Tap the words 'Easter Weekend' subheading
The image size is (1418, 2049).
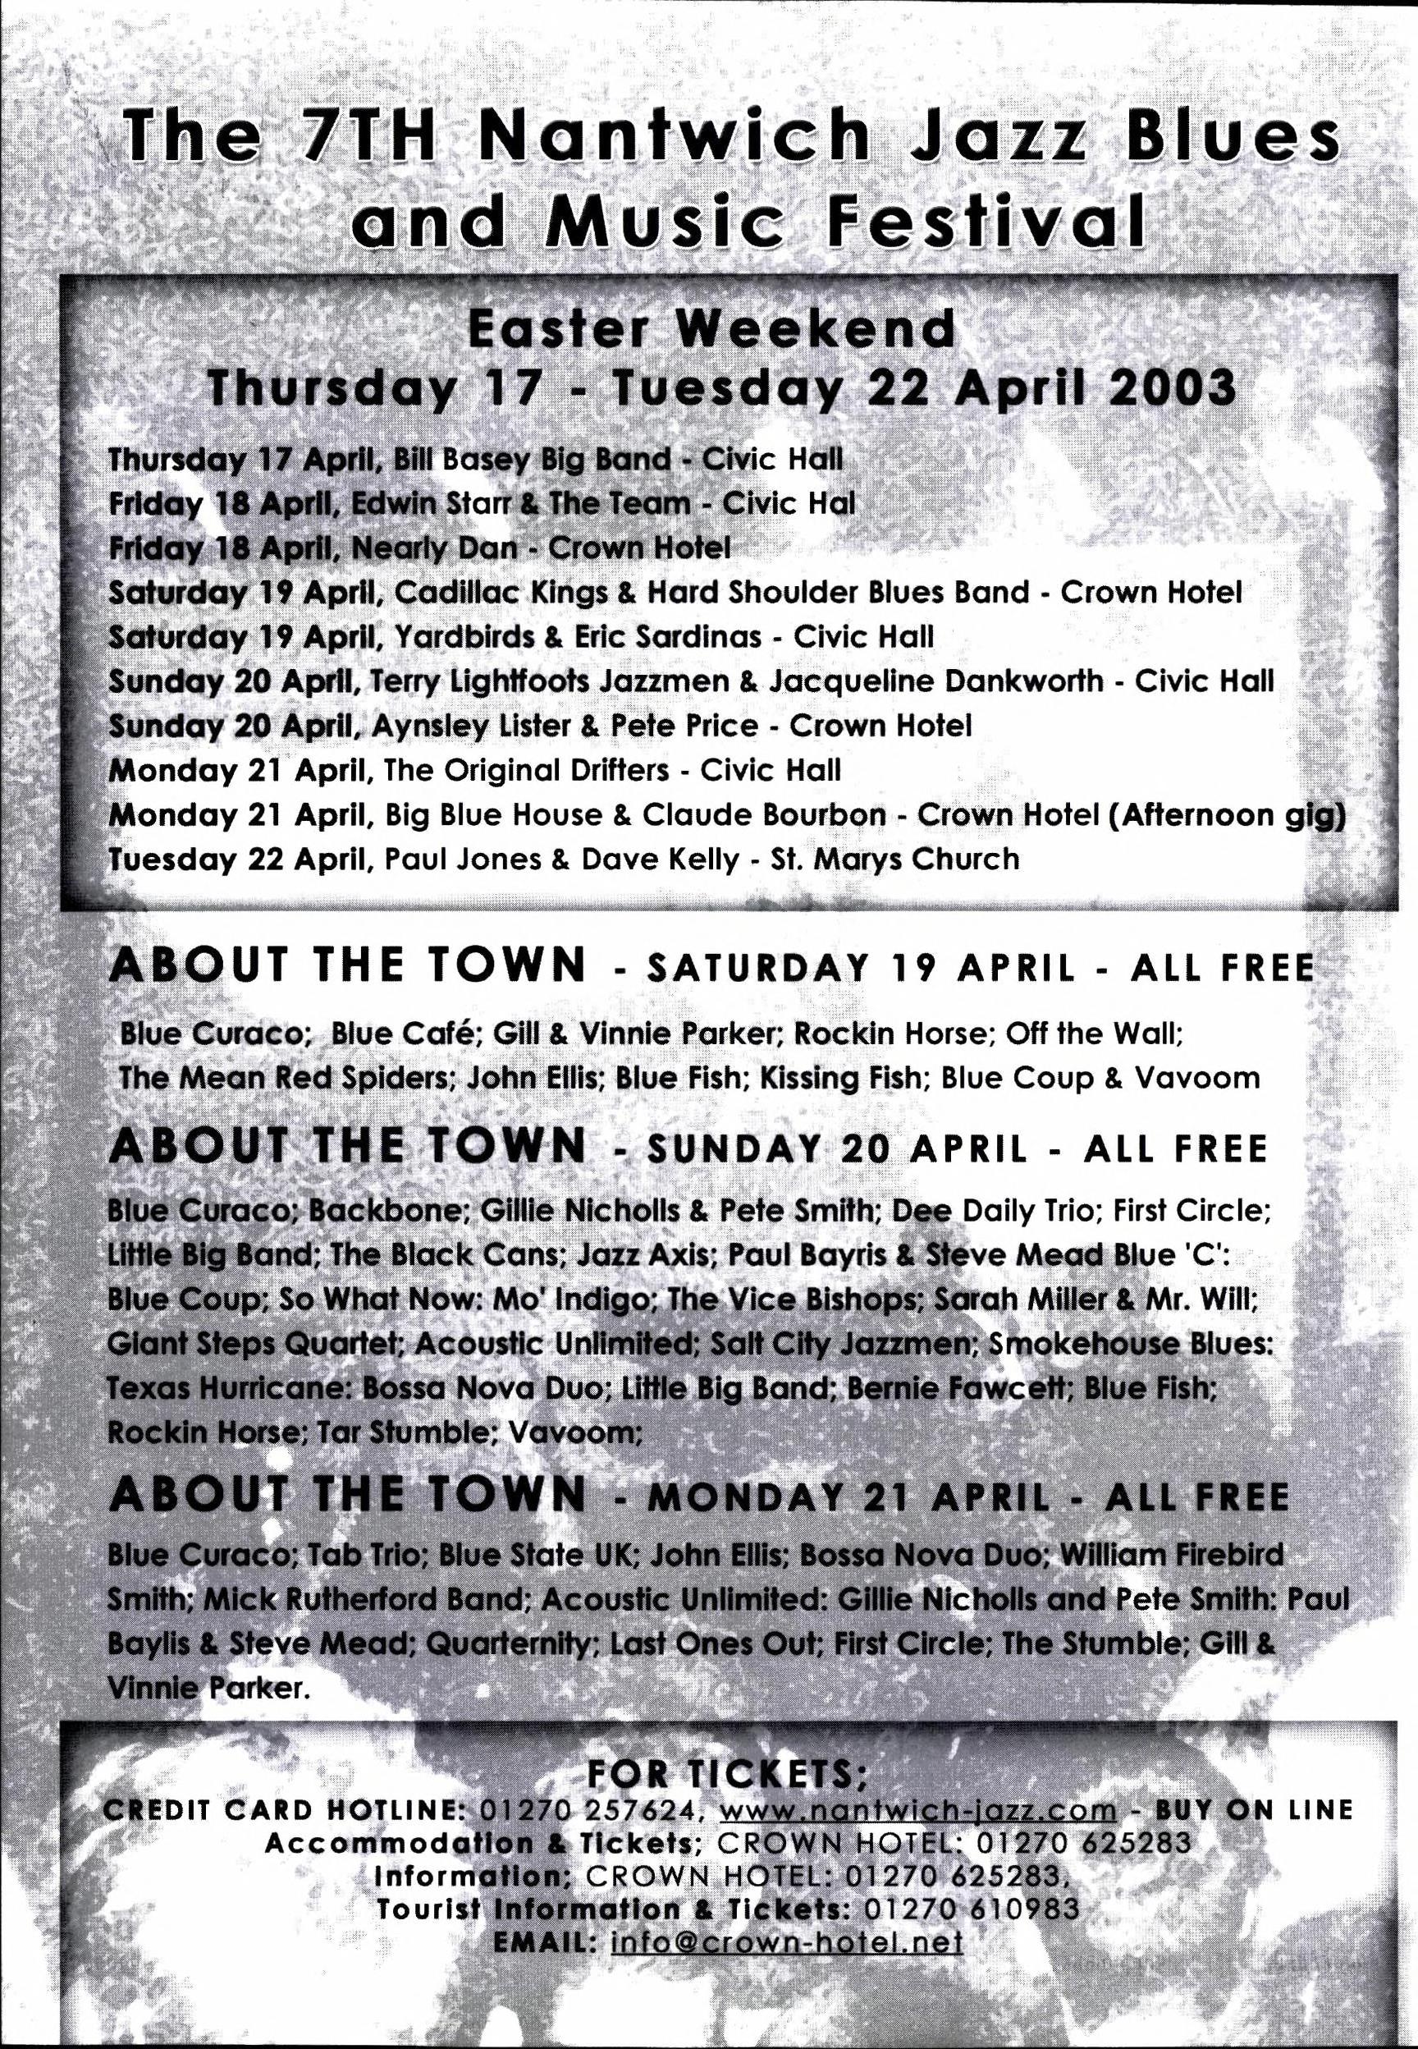[711, 330]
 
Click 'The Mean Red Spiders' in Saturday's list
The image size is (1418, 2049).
[288, 1078]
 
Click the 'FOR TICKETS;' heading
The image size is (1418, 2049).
[728, 1750]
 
